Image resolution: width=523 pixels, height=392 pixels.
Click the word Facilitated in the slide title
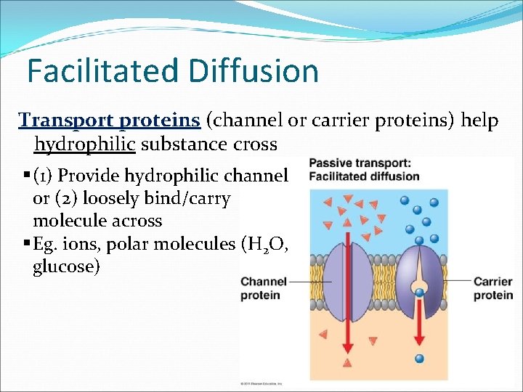[101, 71]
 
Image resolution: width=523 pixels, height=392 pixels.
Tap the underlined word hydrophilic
[85, 144]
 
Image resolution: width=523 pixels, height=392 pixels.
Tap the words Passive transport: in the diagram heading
[359, 163]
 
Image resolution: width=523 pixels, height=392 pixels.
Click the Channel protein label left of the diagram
[263, 288]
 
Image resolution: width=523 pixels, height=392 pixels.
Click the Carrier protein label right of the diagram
[492, 288]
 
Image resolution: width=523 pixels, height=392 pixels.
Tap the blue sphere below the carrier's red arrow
[419, 359]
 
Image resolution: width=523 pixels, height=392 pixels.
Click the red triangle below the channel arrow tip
[348, 362]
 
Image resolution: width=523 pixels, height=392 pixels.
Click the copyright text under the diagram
[261, 383]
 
